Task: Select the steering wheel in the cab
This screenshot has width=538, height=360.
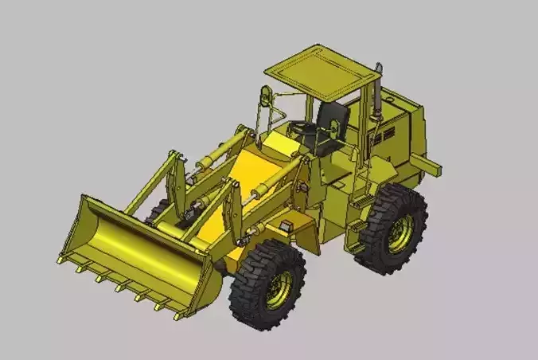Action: (303, 127)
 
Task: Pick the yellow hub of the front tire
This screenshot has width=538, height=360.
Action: (279, 289)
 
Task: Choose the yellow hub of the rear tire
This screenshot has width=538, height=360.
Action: (400, 232)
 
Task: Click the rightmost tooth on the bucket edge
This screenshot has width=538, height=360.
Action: (179, 316)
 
